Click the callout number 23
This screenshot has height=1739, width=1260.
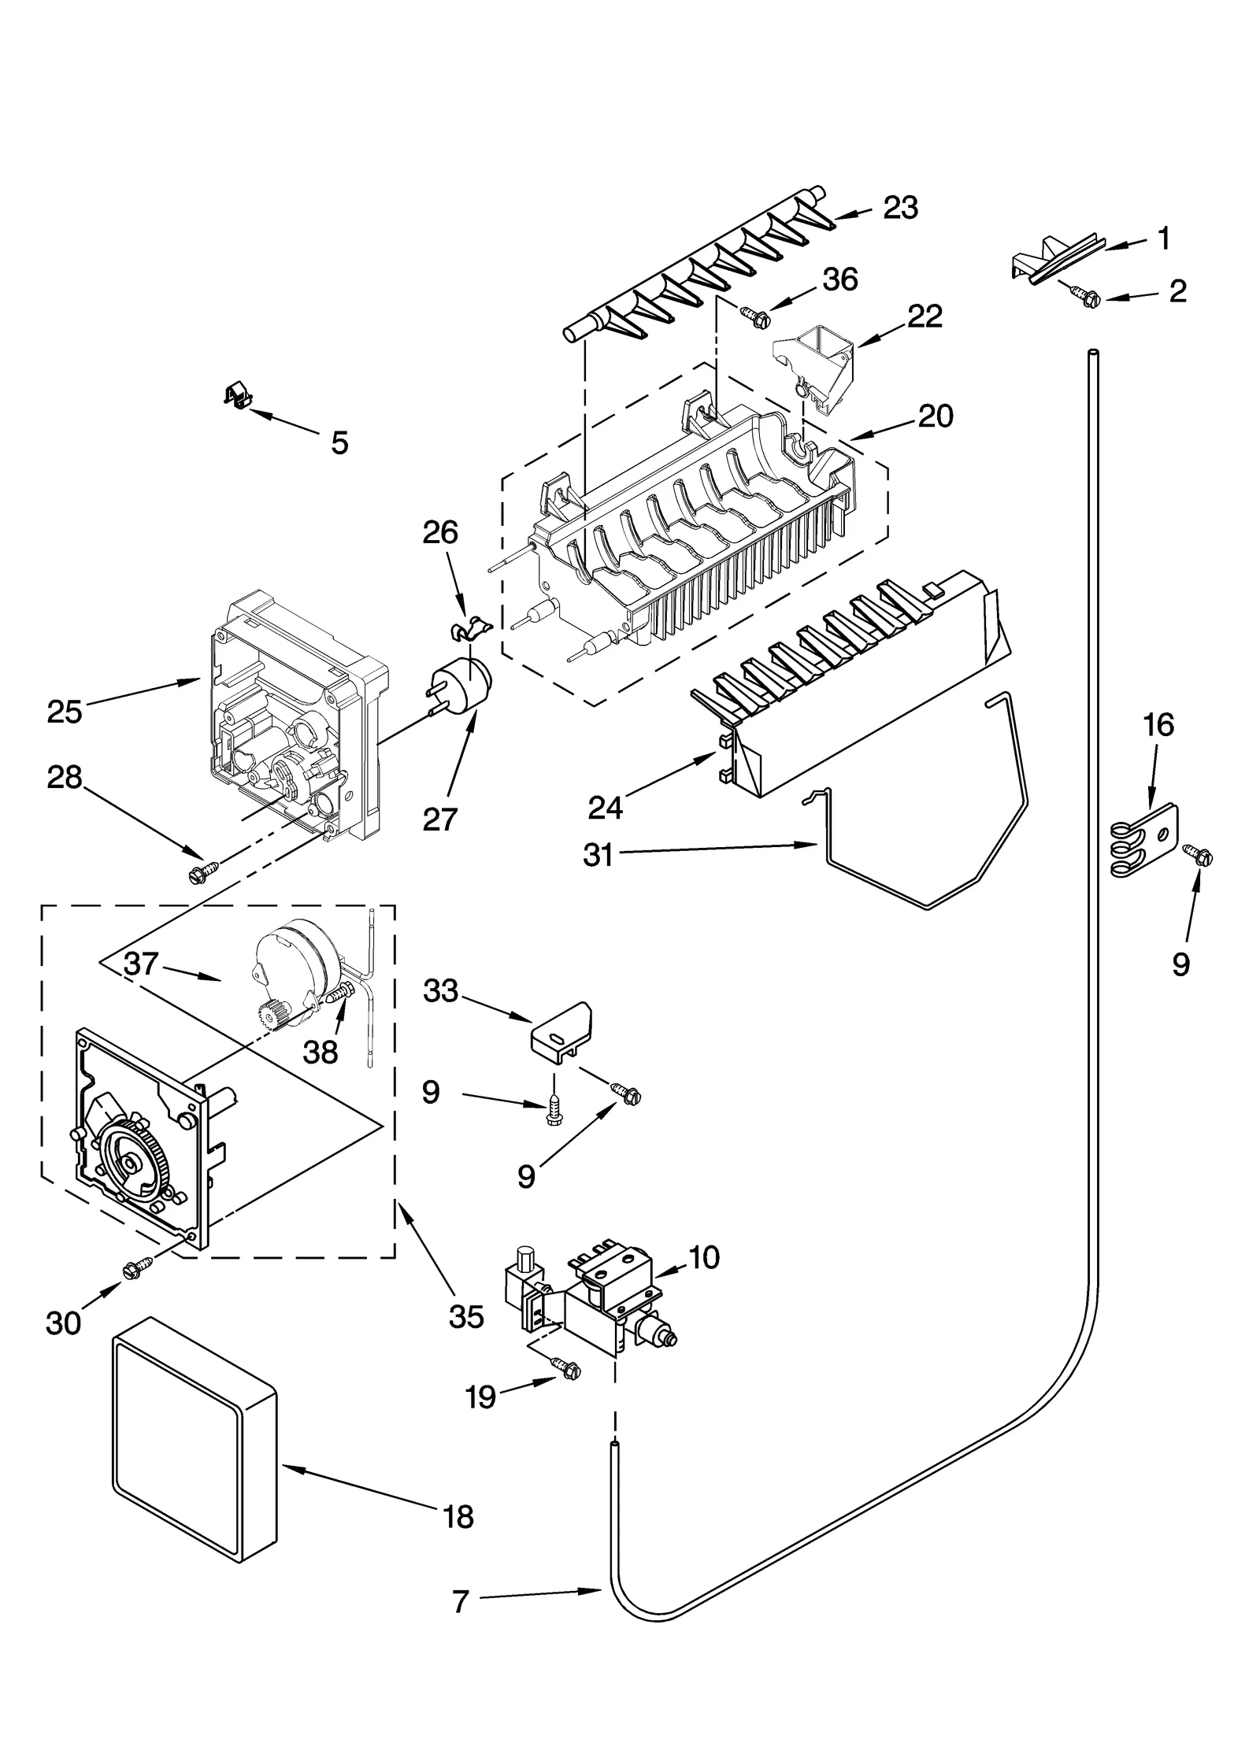coord(901,208)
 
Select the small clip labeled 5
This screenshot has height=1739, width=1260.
coord(236,395)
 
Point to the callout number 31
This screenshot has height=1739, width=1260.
coord(598,855)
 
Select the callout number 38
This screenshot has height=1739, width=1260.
coord(321,1052)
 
